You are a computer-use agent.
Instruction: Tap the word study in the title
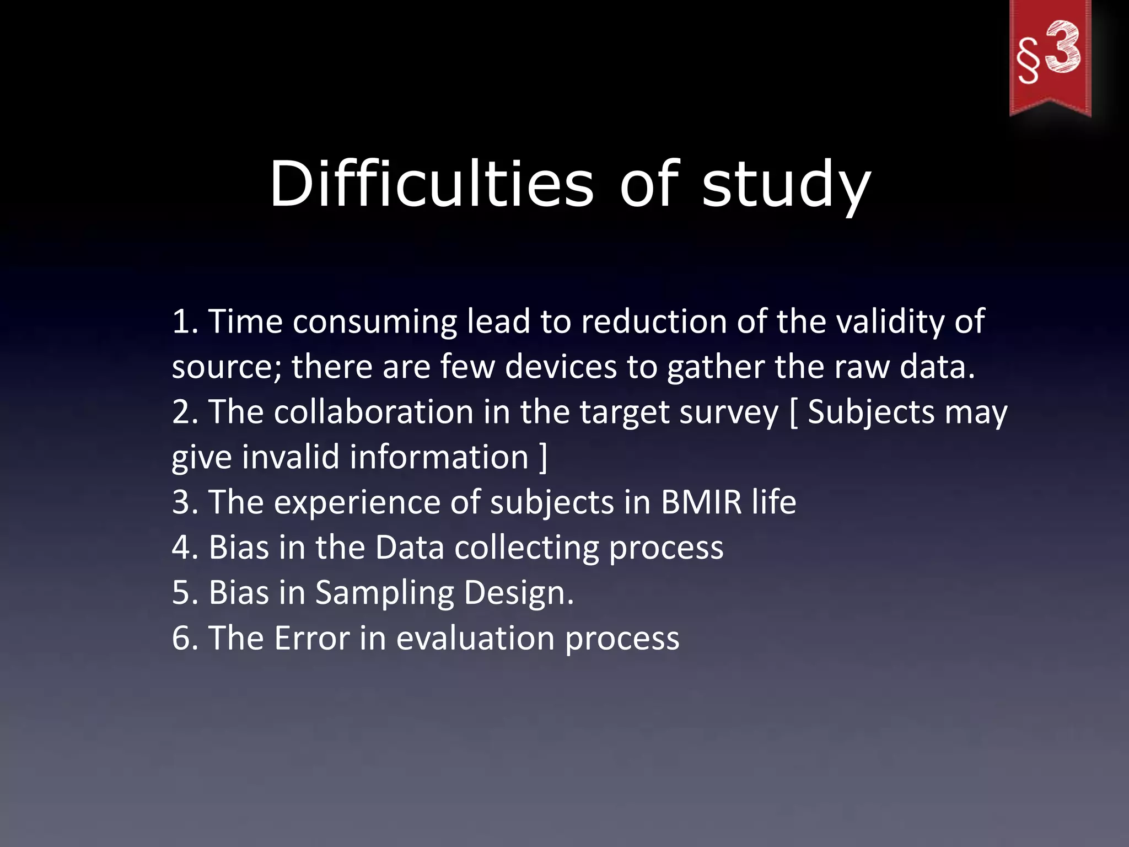(x=786, y=185)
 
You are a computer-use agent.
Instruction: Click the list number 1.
(x=185, y=321)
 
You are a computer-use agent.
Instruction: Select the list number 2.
(x=185, y=412)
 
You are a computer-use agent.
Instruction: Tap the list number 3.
(x=185, y=502)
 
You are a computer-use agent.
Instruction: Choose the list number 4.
(x=185, y=548)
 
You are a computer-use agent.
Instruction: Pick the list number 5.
(x=185, y=593)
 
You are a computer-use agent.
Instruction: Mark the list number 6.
(x=185, y=638)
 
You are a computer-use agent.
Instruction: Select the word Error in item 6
(x=311, y=638)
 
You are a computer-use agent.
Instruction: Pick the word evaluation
(x=475, y=638)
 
